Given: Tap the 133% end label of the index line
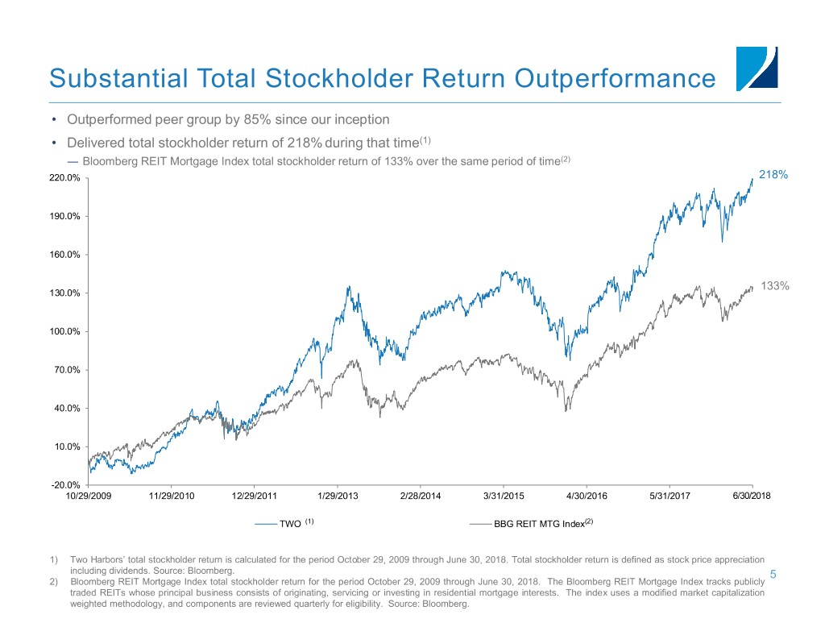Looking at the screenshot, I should point(774,286).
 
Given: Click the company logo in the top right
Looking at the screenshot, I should point(757,69).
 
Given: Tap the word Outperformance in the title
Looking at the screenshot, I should point(615,78).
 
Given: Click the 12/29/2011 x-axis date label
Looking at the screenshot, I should point(254,496).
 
